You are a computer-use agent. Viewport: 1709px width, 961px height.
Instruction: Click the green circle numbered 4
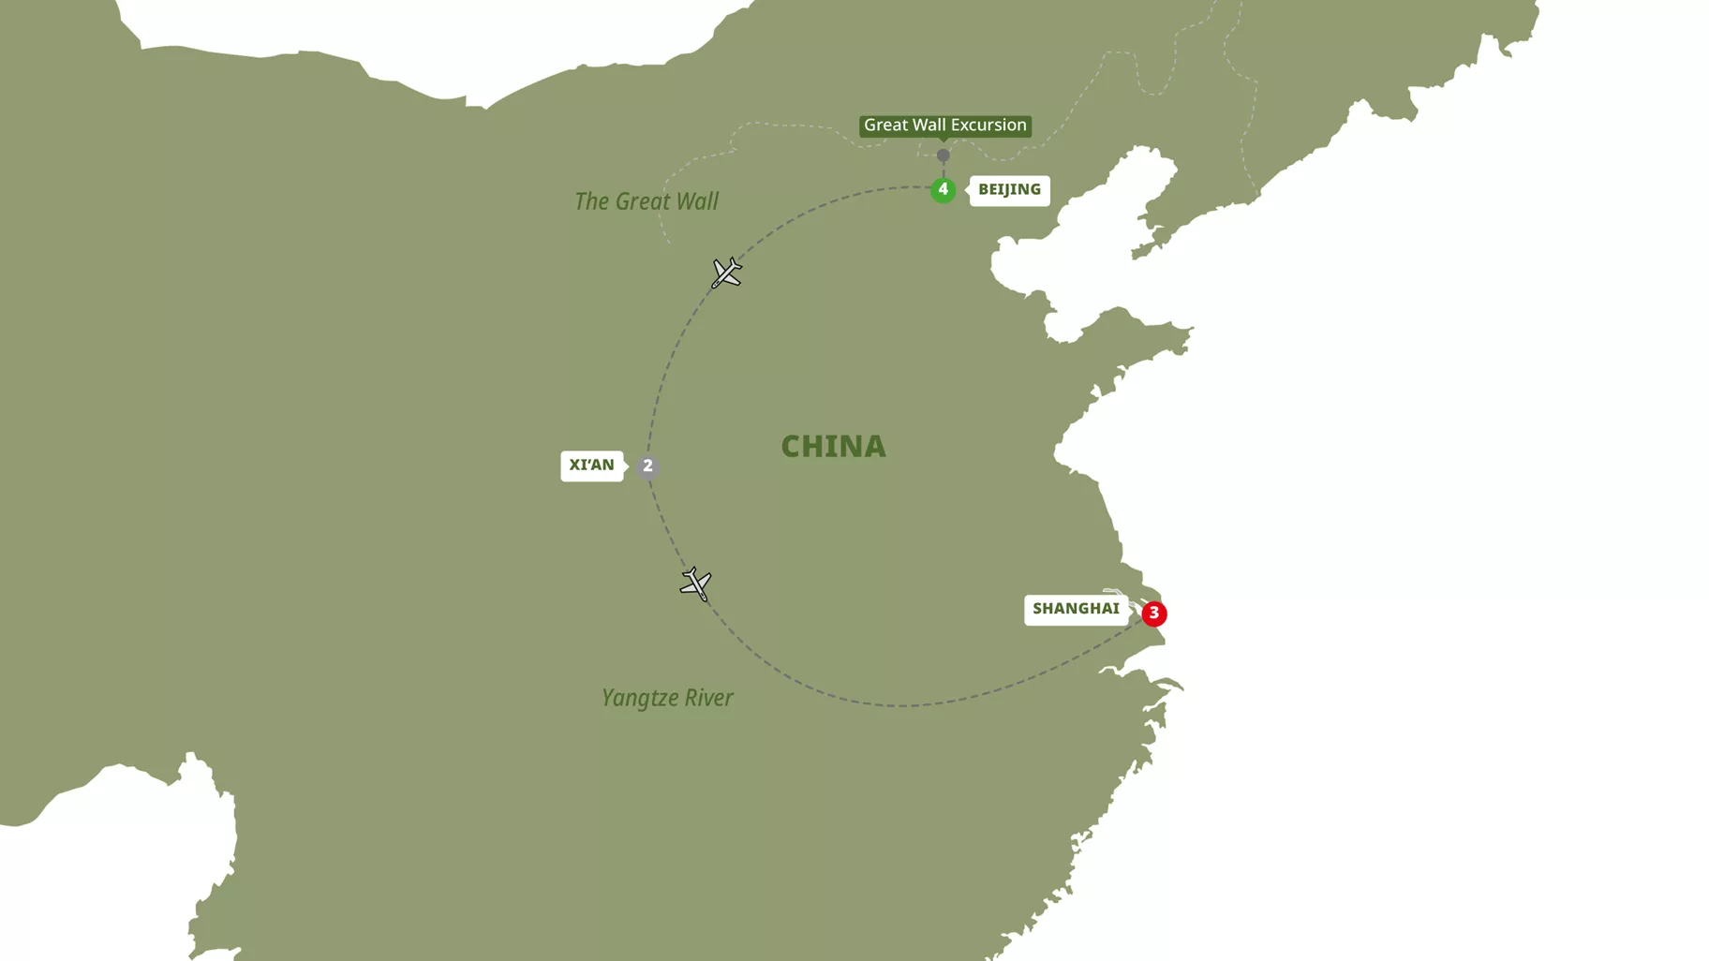click(943, 190)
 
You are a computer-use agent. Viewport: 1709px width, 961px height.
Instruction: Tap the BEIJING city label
click(1009, 190)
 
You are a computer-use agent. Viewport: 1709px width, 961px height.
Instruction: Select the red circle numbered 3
click(1153, 614)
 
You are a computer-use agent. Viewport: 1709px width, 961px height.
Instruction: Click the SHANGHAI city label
click(1076, 609)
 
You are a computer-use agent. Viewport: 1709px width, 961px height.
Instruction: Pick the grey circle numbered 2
click(647, 466)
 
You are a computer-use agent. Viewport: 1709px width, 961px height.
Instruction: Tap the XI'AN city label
click(591, 466)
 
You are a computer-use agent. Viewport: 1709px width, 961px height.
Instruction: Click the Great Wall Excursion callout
click(944, 126)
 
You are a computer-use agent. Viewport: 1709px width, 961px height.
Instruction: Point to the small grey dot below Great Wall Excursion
click(943, 155)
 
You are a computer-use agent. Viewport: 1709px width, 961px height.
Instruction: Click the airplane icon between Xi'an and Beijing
click(726, 273)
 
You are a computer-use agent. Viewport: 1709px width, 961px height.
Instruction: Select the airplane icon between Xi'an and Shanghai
click(696, 584)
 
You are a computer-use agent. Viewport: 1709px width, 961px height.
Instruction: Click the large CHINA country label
click(833, 447)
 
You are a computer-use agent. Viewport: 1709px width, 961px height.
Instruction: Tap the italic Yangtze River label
click(667, 698)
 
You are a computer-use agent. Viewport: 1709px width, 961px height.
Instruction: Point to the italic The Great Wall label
click(646, 201)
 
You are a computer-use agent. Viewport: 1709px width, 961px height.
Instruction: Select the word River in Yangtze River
click(708, 698)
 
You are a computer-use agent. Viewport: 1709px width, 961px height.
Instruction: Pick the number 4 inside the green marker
click(943, 189)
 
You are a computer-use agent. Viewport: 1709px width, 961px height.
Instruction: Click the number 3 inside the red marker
click(1153, 613)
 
